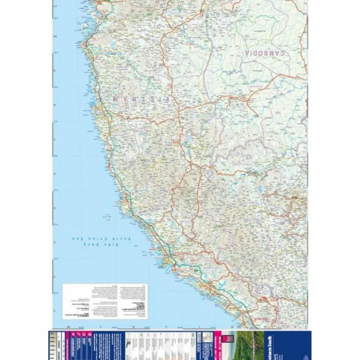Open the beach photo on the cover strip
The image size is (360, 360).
[x=250, y=345]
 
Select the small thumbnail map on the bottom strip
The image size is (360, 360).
[x=208, y=337]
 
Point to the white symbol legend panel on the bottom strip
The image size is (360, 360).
[x=160, y=345]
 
